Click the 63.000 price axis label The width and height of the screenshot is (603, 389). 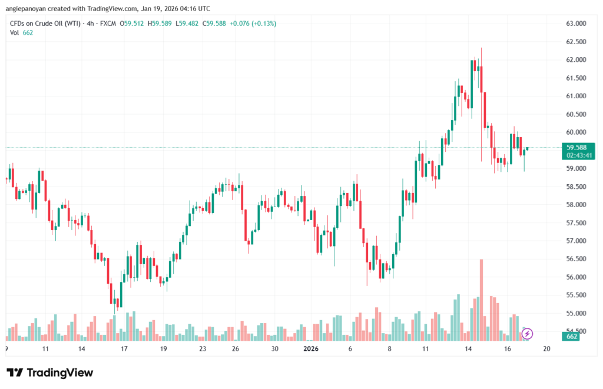coord(577,24)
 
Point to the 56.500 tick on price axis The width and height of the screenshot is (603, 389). coord(577,259)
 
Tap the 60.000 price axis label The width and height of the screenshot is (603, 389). coord(577,132)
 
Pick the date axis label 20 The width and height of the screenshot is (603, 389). coord(546,348)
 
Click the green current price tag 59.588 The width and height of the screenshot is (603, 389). coord(577,147)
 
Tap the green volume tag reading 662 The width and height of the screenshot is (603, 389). coord(571,337)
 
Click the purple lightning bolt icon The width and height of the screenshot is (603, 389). coord(528,334)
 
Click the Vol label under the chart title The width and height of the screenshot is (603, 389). coord(14,32)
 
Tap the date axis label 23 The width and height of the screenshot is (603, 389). coord(203,348)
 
